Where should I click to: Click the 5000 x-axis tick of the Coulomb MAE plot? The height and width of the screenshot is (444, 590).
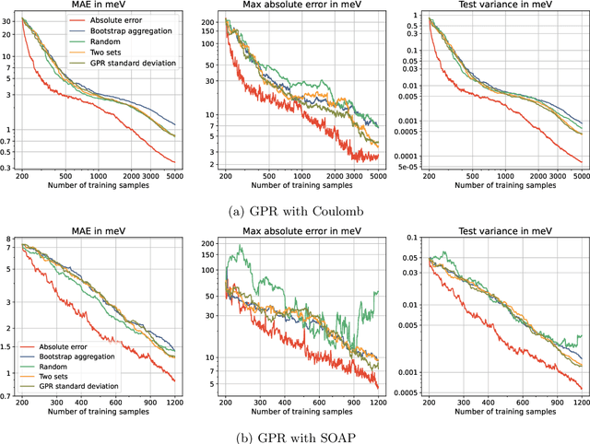pos(175,175)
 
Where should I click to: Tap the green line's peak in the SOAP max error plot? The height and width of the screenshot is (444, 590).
pos(242,246)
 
